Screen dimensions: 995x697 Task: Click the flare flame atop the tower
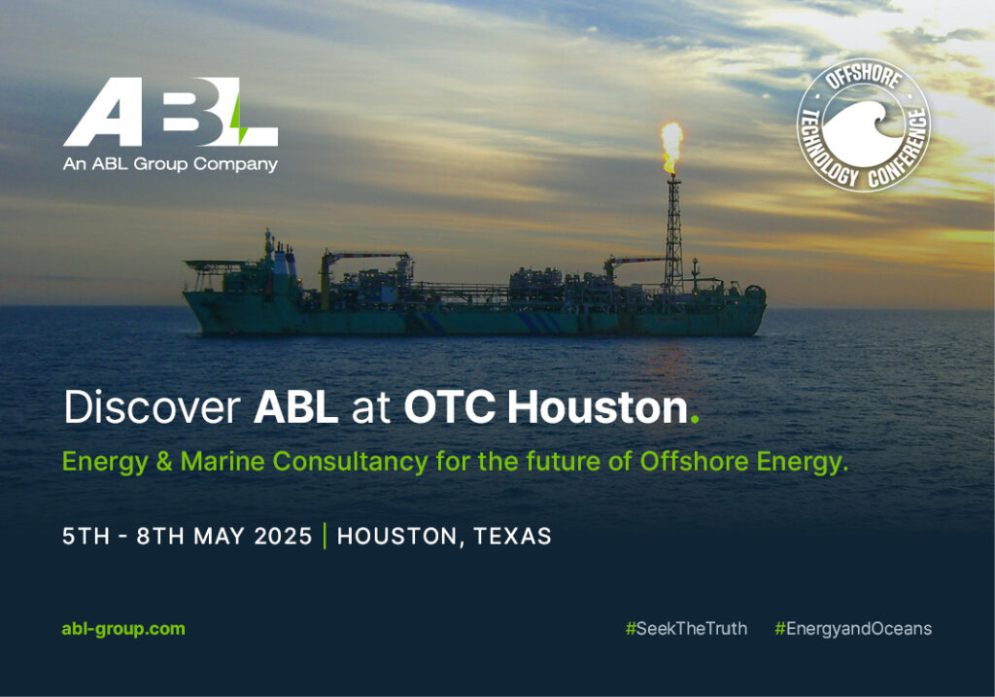(671, 147)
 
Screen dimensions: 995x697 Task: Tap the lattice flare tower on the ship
(672, 235)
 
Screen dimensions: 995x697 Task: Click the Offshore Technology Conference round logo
(864, 125)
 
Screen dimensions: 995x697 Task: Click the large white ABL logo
(170, 112)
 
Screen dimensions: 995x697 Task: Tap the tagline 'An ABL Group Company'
(170, 164)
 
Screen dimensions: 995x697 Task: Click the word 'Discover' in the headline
(152, 407)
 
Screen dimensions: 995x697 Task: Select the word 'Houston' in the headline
(598, 407)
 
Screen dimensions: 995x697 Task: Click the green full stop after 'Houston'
(694, 420)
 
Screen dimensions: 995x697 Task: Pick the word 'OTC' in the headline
(449, 407)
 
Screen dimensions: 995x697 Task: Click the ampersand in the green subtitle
(164, 462)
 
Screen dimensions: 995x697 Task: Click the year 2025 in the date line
(283, 537)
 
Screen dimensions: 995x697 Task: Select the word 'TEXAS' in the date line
(512, 537)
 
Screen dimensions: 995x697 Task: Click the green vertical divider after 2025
(325, 536)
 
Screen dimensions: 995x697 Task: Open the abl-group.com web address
(123, 629)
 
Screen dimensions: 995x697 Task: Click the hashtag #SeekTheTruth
(686, 629)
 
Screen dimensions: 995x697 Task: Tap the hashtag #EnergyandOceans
(853, 629)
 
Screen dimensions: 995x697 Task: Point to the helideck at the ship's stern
(213, 263)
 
